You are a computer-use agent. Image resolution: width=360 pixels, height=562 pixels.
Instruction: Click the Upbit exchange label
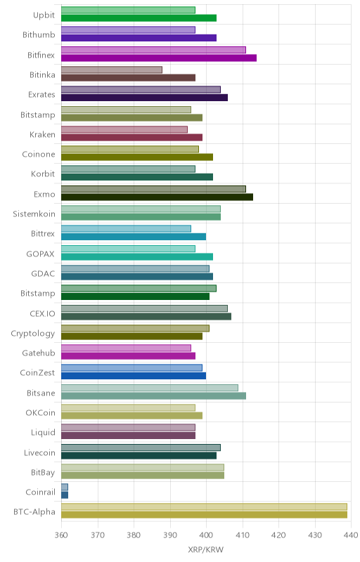[44, 15]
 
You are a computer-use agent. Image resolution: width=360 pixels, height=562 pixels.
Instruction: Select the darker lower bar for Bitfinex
[159, 58]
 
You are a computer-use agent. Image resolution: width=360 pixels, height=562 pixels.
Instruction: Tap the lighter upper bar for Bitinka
[112, 70]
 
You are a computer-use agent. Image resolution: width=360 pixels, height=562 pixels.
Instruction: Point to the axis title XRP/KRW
[205, 549]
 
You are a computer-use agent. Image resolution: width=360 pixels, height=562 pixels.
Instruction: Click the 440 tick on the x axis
[351, 535]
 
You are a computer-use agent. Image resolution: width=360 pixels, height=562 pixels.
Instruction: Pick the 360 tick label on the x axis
[61, 535]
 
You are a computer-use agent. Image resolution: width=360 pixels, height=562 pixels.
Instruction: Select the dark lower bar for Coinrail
[65, 495]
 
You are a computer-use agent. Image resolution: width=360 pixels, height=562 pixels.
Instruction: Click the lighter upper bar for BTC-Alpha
[204, 507]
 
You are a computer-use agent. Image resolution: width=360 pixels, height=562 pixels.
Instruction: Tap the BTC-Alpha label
[34, 511]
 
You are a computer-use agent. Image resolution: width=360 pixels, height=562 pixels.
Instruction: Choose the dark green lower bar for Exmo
[157, 197]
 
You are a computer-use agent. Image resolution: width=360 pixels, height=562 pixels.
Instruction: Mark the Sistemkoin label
[34, 214]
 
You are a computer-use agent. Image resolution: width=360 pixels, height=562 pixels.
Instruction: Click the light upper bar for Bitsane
[150, 388]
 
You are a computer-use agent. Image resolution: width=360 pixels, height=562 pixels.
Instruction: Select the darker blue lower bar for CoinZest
[134, 376]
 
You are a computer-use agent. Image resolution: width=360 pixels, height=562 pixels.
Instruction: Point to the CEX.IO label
[43, 313]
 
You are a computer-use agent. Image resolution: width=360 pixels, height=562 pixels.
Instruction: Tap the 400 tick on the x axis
[206, 535]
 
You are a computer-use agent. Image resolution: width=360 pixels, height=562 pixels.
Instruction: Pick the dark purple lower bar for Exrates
[145, 98]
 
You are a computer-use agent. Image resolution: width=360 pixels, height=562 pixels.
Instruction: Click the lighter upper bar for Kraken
[124, 129]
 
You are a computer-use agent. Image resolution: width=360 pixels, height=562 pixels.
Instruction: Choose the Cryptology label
[33, 334]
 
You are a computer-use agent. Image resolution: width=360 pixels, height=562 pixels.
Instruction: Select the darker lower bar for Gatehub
[129, 355]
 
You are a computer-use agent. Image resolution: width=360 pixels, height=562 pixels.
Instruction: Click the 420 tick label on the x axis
[278, 535]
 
